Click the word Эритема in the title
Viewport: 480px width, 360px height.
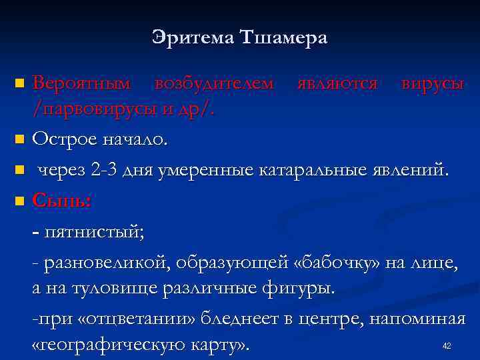pos(191,38)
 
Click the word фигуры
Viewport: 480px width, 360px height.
pos(307,290)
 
